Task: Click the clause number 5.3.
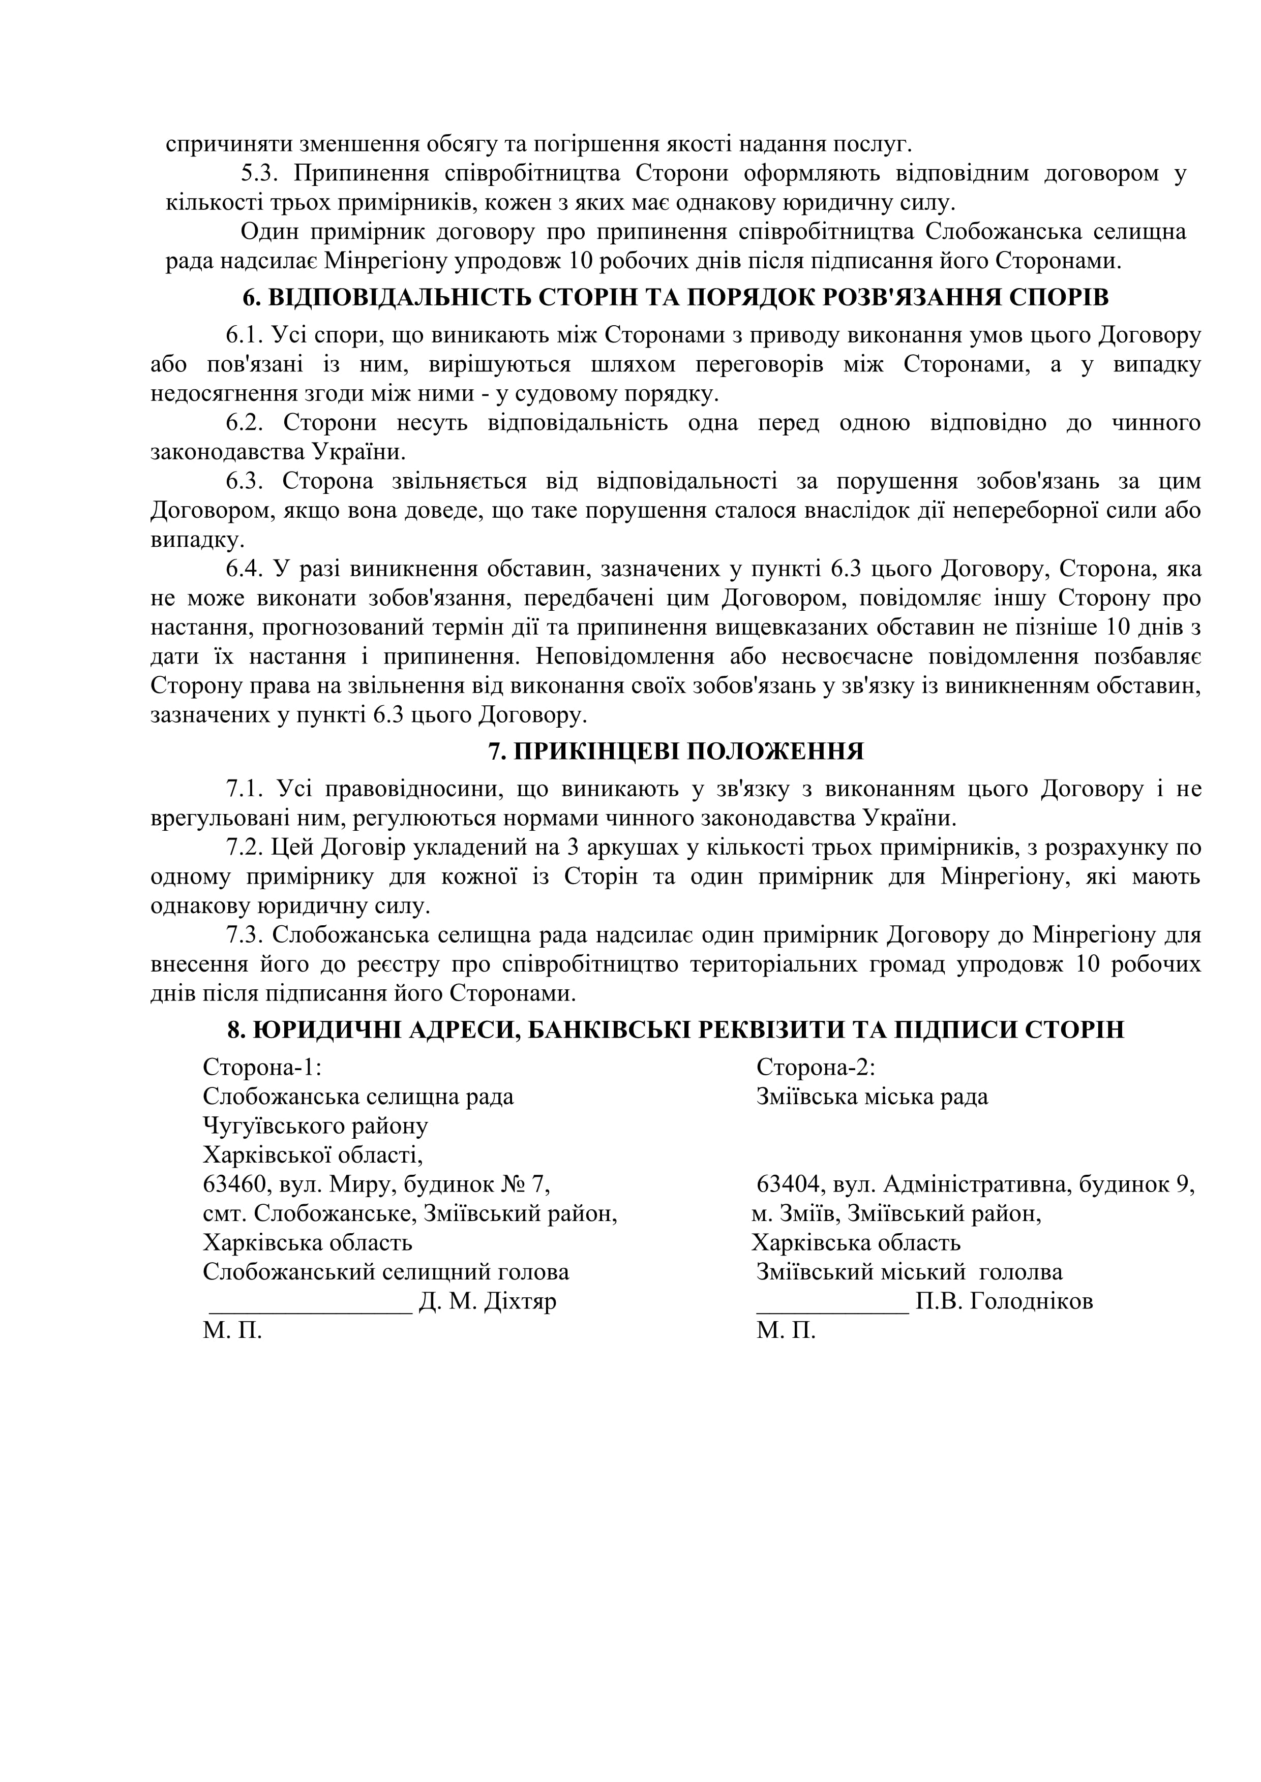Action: point(260,173)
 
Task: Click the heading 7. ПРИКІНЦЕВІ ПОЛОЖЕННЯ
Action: point(676,752)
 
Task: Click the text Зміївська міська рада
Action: point(872,1097)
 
